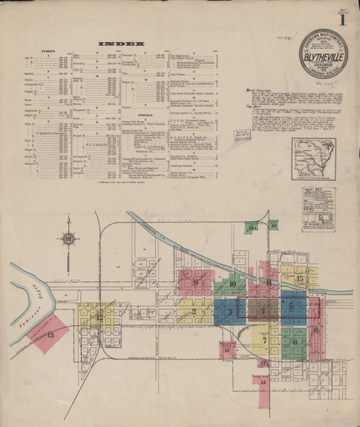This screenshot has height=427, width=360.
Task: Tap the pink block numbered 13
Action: (x=51, y=334)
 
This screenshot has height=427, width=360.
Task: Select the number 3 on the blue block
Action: (x=231, y=311)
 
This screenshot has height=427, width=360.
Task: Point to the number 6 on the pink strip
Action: (x=315, y=330)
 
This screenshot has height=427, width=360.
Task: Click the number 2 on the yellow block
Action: (x=194, y=311)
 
